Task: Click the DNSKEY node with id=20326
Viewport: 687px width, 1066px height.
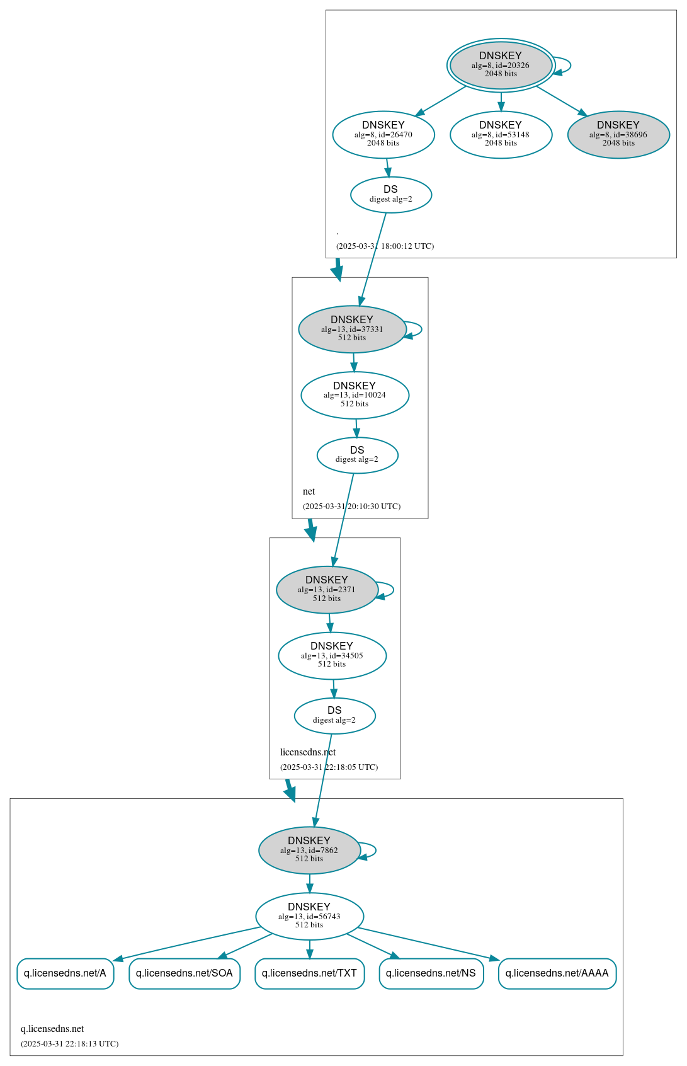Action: click(501, 65)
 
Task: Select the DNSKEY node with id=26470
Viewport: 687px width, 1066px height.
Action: click(383, 134)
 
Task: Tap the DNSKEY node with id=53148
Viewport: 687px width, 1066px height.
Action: click(501, 134)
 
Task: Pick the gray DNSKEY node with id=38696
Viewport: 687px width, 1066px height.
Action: click(618, 134)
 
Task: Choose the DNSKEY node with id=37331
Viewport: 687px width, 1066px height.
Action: click(352, 329)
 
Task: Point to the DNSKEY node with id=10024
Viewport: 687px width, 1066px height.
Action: click(355, 395)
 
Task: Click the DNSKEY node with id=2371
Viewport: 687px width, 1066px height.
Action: click(327, 590)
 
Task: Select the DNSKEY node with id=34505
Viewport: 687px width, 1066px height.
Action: click(332, 656)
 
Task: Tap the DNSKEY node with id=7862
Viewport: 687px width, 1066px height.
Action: click(309, 850)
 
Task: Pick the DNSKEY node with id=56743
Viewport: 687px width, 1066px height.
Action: click(309, 916)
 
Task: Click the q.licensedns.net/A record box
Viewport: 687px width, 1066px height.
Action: click(65, 973)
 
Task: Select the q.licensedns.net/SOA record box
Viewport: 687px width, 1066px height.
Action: click(185, 973)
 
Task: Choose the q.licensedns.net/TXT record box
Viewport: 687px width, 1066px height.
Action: click(309, 973)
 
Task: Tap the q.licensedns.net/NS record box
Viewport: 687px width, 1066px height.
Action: click(431, 973)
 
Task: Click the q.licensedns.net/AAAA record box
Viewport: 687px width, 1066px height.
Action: click(557, 973)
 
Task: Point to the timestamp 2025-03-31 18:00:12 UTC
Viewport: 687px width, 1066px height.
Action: click(385, 246)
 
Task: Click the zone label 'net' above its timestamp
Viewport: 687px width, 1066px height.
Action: click(309, 491)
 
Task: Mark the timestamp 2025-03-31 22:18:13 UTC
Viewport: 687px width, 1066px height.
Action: click(69, 1044)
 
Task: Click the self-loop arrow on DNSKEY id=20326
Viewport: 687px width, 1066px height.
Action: click(569, 65)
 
